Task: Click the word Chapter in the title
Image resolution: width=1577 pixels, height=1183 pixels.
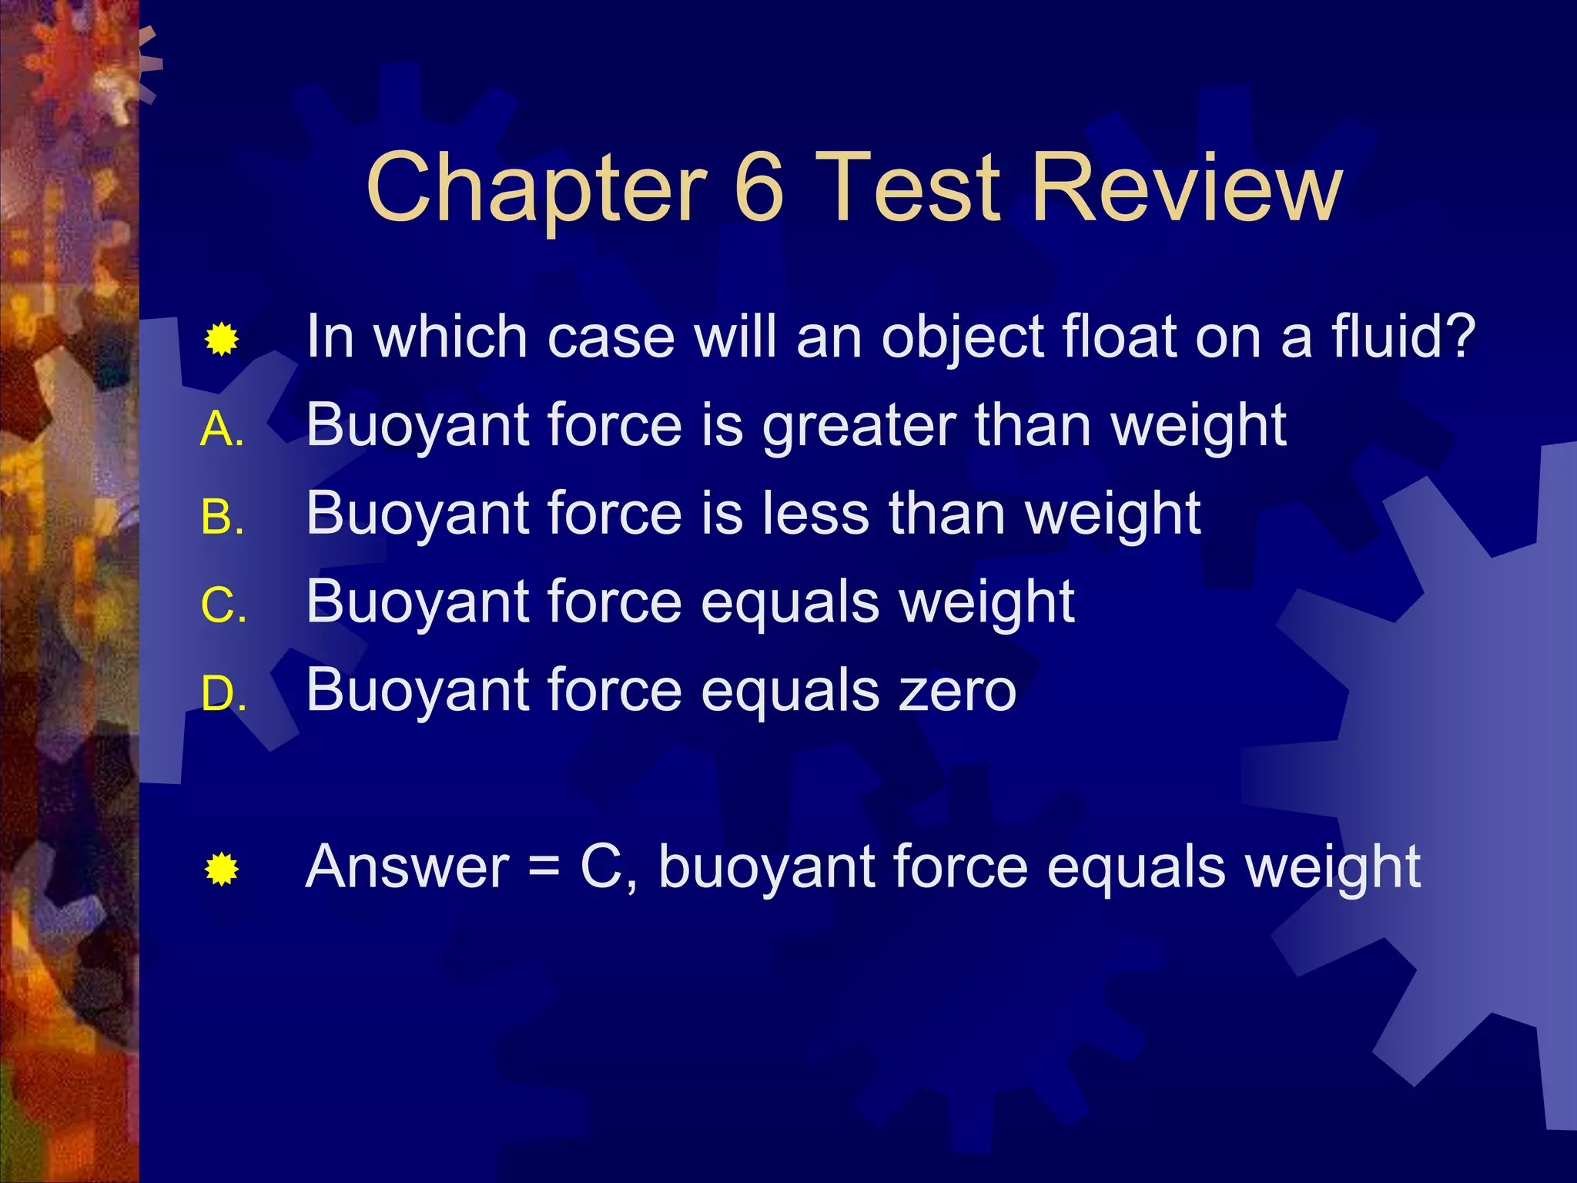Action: [x=536, y=189]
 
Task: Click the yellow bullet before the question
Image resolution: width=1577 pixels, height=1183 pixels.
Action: [x=222, y=340]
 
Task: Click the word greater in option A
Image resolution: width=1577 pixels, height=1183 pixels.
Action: [x=859, y=426]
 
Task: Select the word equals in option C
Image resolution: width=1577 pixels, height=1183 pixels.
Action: [x=790, y=603]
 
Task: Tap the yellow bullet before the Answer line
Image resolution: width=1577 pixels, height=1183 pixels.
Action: [x=222, y=870]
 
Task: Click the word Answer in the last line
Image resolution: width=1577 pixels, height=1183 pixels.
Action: [x=407, y=867]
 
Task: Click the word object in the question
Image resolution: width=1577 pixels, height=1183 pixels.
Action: [x=963, y=339]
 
